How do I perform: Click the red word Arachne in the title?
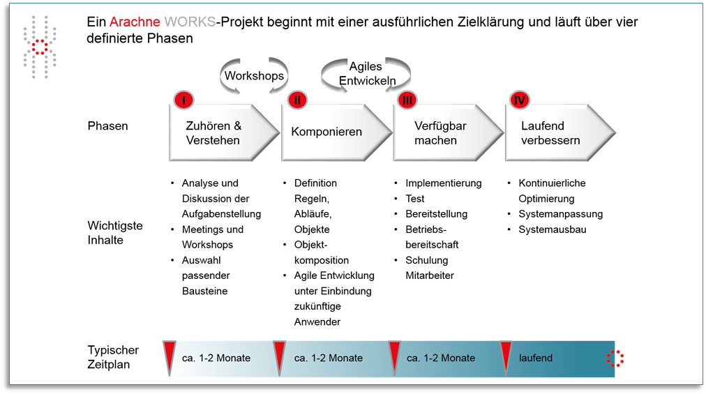point(135,22)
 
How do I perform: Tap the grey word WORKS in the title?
point(190,22)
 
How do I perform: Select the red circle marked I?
point(183,100)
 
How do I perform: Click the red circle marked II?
point(297,100)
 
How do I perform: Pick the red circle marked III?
point(407,100)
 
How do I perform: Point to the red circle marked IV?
point(520,100)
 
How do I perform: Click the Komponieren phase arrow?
point(336,132)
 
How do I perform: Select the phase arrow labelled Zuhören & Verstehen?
point(224,132)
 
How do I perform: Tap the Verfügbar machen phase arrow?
point(449,132)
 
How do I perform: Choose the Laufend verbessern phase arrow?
point(561,132)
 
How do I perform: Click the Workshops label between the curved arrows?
point(255,75)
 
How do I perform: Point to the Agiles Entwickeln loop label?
point(367,73)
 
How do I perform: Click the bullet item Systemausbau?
point(552,229)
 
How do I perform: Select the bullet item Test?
point(414,199)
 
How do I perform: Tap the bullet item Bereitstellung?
point(436,214)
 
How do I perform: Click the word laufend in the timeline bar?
point(535,358)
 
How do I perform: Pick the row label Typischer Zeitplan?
point(113,357)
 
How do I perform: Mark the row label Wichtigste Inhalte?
point(115,233)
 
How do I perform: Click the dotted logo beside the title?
point(40,47)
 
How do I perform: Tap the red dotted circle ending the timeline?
point(615,358)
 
